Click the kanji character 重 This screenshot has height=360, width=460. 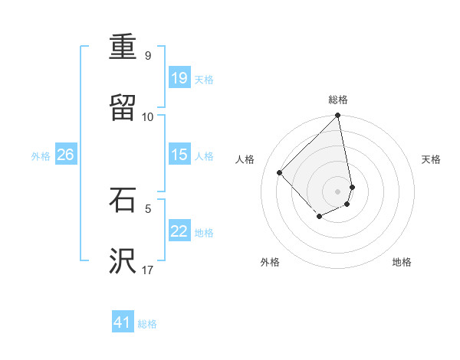(124, 48)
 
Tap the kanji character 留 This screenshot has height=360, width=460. (124, 109)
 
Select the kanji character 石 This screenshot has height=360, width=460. (124, 200)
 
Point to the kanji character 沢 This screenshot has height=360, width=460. (124, 261)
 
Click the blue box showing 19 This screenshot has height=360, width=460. (179, 78)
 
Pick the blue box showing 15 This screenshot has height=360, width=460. (179, 155)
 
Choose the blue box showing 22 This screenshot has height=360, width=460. (179, 231)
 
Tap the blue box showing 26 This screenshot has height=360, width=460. (66, 155)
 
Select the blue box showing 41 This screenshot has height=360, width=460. (123, 322)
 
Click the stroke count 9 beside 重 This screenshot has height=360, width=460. (148, 55)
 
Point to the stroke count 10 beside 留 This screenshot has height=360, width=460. (148, 116)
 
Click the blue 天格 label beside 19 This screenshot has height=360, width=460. (204, 80)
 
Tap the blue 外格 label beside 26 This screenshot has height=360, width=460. (41, 156)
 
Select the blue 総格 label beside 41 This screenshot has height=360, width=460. (147, 324)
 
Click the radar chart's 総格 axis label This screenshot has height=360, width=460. (338, 100)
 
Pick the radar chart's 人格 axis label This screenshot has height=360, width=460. (245, 159)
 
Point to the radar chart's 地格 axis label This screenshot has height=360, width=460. (402, 262)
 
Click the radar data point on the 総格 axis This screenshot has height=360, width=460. (337, 116)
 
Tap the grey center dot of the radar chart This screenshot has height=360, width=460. (337, 191)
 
